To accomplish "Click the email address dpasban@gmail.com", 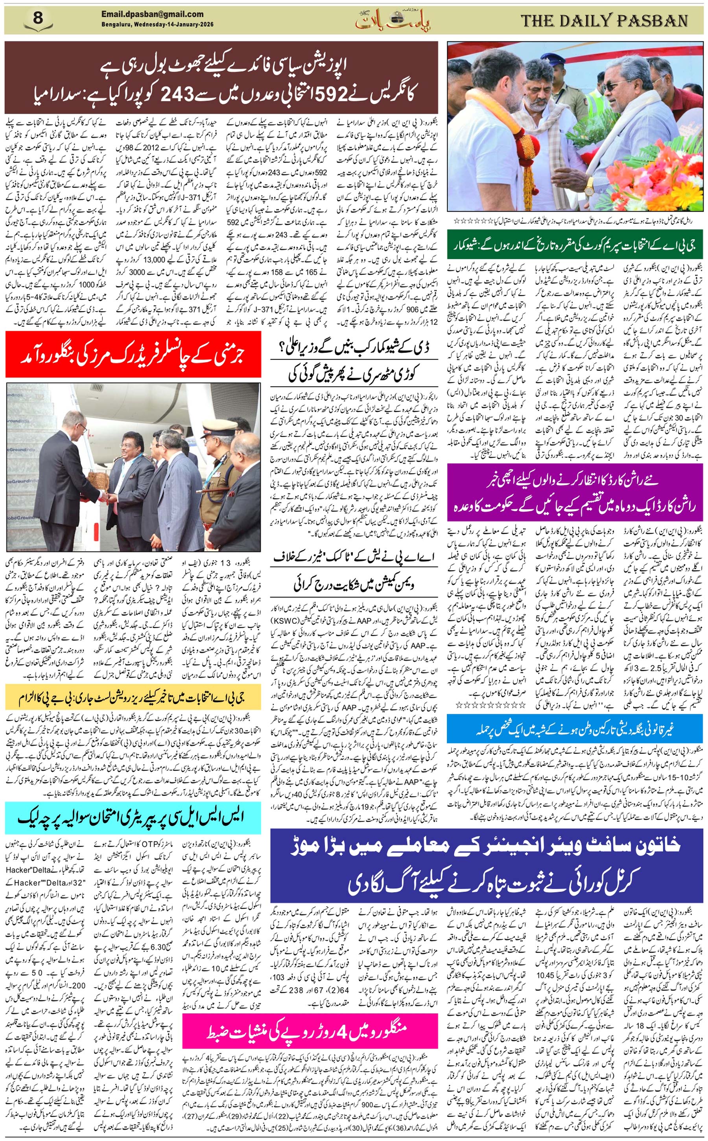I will click(x=152, y=15).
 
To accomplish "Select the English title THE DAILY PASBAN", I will click(x=604, y=21).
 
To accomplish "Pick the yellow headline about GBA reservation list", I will click(x=133, y=698).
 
